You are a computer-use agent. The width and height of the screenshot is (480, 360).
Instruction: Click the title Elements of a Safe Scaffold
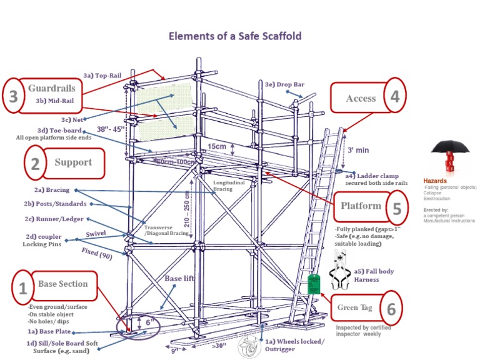[x=235, y=36]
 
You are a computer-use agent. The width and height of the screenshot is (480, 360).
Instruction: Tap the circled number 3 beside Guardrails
[x=14, y=97]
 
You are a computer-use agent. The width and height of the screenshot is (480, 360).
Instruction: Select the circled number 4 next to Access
[x=395, y=96]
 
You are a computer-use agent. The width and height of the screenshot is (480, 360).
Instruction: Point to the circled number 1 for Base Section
[x=22, y=289]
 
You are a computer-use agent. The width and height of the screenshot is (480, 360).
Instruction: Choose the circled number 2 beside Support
[x=35, y=164]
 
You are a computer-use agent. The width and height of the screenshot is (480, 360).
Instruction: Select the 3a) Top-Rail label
[x=102, y=75]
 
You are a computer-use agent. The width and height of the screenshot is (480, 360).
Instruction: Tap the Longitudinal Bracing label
[x=227, y=186]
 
